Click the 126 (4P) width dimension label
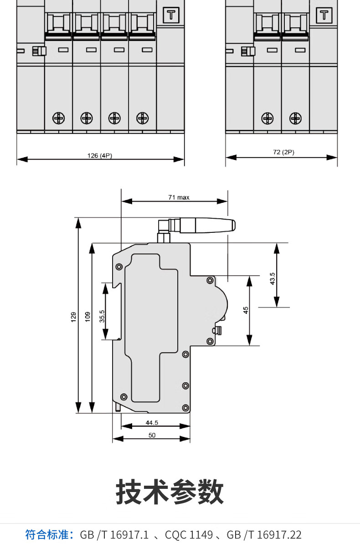coord(100,155)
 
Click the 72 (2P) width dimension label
coord(283,152)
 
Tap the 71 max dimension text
coord(179,197)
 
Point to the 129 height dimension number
coord(74,317)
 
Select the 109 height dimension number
coord(88,317)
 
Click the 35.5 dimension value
coord(102,316)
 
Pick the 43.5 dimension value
coord(273,278)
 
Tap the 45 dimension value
coord(246,310)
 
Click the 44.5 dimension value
coord(152,422)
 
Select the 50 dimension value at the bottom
coord(152,435)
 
